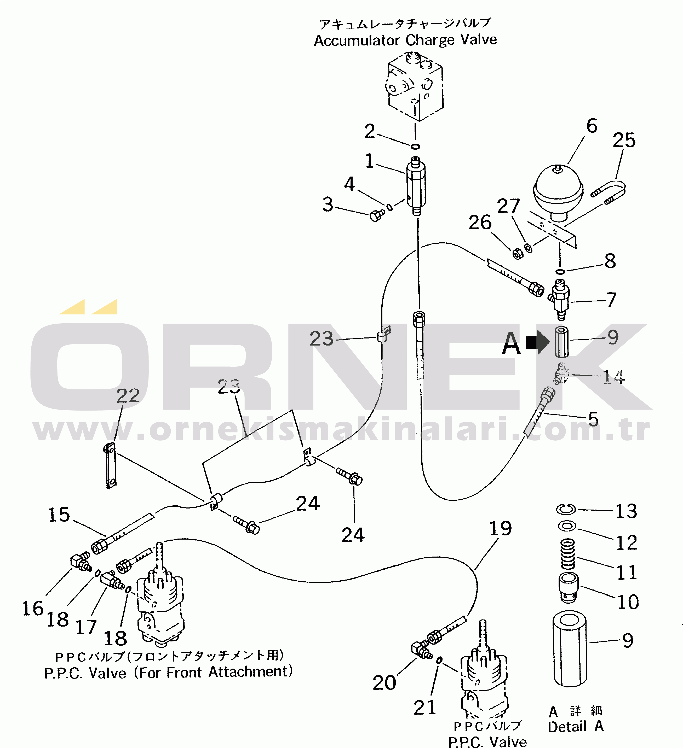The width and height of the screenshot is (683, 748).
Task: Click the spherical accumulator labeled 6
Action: click(558, 191)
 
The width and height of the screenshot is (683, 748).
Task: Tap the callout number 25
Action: click(624, 140)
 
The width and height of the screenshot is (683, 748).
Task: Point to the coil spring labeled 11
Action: click(567, 554)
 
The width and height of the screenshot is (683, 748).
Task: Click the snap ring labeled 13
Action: click(566, 510)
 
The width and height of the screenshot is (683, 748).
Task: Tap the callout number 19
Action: click(501, 528)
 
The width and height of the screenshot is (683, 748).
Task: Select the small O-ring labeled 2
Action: click(415, 146)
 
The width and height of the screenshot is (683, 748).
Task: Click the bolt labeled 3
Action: click(377, 215)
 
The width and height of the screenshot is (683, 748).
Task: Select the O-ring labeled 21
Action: click(439, 660)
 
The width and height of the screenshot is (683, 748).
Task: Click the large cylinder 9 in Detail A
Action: click(569, 648)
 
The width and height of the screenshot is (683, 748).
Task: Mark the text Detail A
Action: click(575, 727)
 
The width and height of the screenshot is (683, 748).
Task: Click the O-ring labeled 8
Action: click(560, 272)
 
